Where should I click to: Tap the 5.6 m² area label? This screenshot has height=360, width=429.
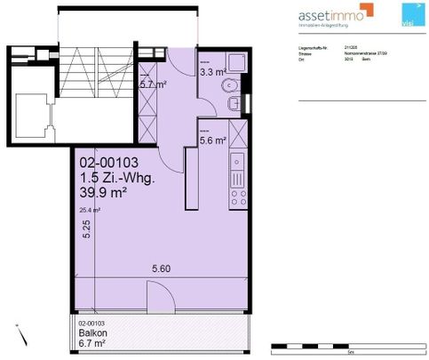coord(214,140)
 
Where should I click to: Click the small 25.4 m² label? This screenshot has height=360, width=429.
coord(89,210)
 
